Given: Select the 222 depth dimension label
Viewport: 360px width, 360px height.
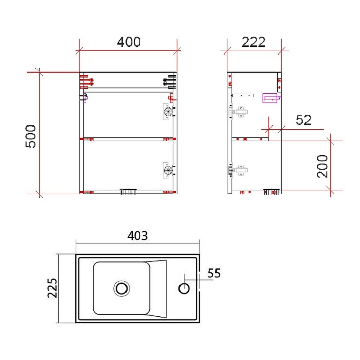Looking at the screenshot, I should click(x=254, y=42).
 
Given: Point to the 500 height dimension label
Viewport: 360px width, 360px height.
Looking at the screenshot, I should click(x=31, y=135).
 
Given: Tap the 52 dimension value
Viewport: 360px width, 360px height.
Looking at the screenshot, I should click(x=304, y=120).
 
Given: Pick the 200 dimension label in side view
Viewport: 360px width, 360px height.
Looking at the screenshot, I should click(x=322, y=166).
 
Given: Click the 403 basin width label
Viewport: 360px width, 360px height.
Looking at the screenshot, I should click(x=137, y=236).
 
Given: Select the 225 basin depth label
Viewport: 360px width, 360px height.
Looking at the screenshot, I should click(x=51, y=288).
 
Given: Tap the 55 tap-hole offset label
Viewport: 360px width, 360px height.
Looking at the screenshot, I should click(x=214, y=273).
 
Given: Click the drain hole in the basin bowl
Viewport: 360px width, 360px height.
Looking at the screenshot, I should click(x=122, y=288).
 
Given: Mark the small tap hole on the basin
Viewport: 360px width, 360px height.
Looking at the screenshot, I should click(x=184, y=289).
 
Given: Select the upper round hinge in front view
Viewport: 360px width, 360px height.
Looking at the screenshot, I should click(x=167, y=111).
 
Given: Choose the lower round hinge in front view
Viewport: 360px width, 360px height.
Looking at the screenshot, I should click(x=167, y=170).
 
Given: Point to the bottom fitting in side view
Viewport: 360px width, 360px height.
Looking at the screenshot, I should click(x=272, y=192).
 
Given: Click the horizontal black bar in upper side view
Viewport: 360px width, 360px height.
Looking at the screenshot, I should click(x=243, y=95).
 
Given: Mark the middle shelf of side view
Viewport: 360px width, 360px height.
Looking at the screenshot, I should click(x=249, y=138).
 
